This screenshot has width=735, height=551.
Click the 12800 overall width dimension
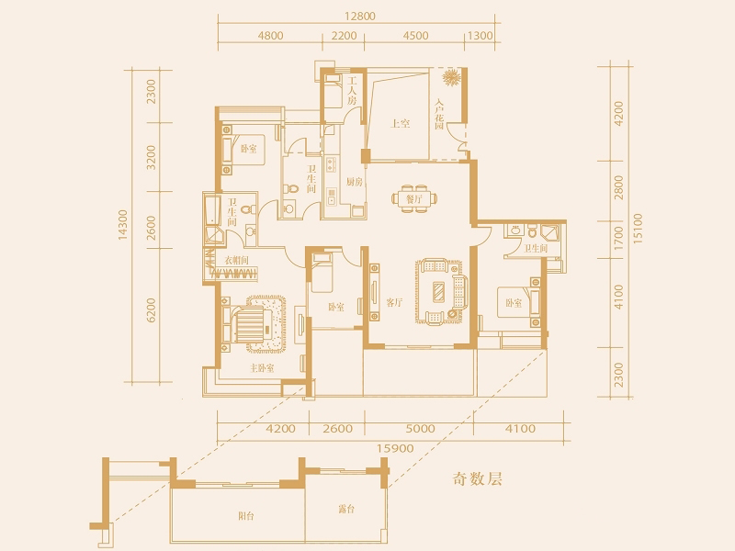click(360, 17)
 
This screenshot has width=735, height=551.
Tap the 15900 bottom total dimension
click(396, 448)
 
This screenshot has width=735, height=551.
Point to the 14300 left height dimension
click(123, 225)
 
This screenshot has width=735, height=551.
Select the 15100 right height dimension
click(638, 229)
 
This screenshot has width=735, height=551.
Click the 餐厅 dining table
click(414, 198)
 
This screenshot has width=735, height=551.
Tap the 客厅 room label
click(394, 303)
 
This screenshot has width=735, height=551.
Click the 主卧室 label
click(262, 368)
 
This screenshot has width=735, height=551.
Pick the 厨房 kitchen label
click(355, 182)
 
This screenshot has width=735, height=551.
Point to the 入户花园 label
click(439, 114)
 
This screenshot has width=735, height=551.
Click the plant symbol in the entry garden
click(452, 78)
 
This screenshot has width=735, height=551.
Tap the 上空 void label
click(401, 124)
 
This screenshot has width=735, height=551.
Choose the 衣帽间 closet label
click(236, 261)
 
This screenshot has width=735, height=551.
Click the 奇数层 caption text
click(477, 478)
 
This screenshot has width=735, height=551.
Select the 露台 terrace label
click(346, 509)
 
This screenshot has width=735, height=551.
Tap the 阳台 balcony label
click(245, 516)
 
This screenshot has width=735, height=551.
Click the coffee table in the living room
click(439, 291)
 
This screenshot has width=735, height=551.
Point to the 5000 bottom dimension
click(420, 428)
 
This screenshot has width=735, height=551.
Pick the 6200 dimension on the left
click(151, 310)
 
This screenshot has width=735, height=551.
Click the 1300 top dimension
click(481, 36)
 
